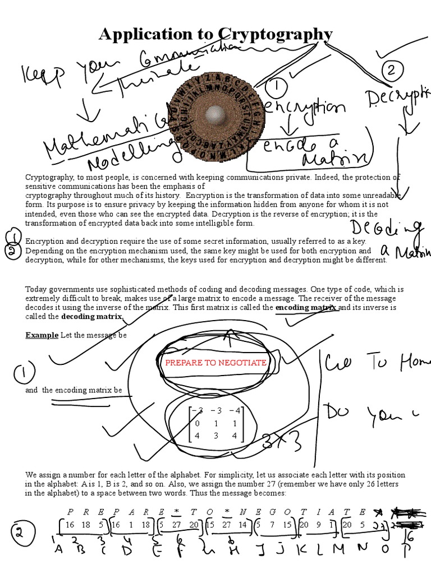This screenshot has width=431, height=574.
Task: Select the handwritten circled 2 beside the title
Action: point(391,71)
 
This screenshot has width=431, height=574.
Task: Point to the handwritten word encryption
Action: point(305,107)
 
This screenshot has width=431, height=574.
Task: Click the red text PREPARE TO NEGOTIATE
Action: point(215,363)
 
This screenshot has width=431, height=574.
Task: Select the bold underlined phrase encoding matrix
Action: point(306,308)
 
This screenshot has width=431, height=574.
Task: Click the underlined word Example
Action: point(42,335)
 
